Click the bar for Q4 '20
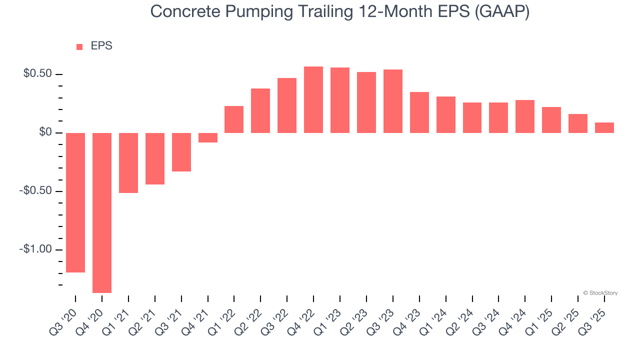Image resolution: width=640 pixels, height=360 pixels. [x=102, y=212]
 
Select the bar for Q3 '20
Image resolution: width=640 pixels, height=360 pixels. [x=75, y=202]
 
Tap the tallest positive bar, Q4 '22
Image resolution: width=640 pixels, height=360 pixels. [x=313, y=100]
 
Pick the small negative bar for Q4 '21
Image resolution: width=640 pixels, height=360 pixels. [x=208, y=138]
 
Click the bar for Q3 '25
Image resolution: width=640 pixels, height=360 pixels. [x=604, y=128]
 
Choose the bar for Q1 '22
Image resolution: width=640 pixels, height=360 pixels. [x=234, y=119]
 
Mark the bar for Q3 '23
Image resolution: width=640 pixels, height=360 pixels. [x=393, y=101]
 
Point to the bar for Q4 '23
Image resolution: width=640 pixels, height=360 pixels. [x=419, y=112]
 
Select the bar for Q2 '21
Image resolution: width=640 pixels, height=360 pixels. [x=155, y=158]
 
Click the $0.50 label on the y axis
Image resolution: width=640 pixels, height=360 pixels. [x=37, y=74]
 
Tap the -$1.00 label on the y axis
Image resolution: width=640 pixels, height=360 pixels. [x=35, y=249]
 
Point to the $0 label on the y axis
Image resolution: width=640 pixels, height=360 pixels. [x=45, y=132]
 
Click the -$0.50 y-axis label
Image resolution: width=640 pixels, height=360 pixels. [x=35, y=191]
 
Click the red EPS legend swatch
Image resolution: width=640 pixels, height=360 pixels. [x=79, y=47]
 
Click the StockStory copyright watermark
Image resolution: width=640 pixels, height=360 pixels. [x=600, y=293]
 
